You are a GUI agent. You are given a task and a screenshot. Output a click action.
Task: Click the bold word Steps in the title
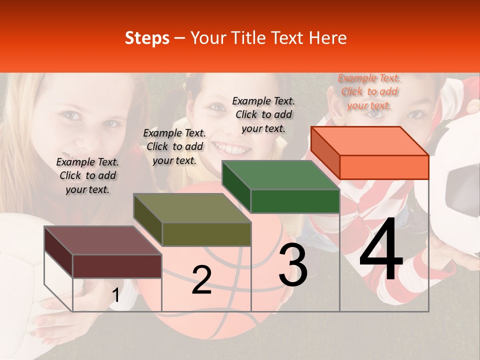(x=147, y=38)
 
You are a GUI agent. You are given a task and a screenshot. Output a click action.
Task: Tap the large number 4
(x=381, y=250)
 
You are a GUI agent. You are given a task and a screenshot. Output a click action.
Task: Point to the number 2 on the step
(x=201, y=280)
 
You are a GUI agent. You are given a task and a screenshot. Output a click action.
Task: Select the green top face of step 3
(x=280, y=175)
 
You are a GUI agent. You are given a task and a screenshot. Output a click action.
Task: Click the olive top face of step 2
(x=192, y=208)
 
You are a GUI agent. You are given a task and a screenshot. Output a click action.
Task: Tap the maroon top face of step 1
(x=102, y=240)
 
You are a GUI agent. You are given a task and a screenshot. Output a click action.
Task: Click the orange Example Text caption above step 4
(x=369, y=91)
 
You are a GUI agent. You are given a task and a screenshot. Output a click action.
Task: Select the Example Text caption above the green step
(x=263, y=114)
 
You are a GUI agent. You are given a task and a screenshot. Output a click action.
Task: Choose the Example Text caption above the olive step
(x=174, y=146)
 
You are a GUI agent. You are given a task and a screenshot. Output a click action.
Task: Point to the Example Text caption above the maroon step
(x=87, y=175)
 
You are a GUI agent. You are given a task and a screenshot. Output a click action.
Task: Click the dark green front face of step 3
(x=295, y=201)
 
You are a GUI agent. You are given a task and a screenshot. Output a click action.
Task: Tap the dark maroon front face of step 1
(x=117, y=266)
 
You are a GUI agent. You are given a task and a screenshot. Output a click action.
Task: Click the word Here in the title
(x=328, y=38)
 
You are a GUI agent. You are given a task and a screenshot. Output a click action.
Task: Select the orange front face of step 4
(x=384, y=167)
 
